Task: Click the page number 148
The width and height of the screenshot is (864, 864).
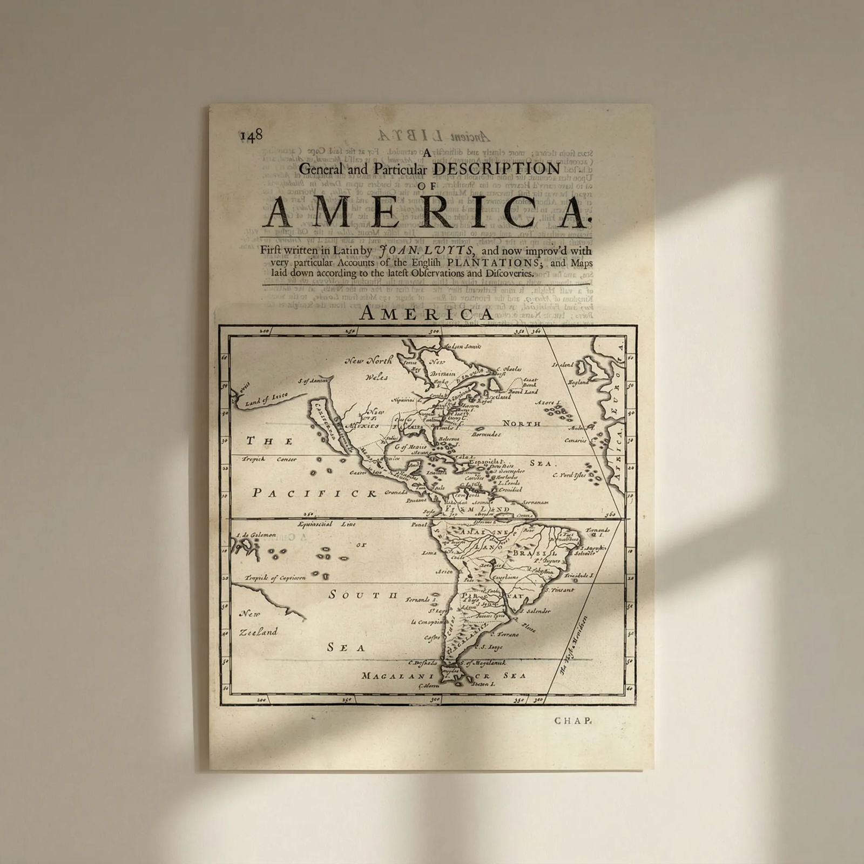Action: coord(251,134)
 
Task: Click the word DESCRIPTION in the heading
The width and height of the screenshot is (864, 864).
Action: coord(497,168)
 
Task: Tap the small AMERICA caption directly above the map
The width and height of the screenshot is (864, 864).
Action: coord(426,314)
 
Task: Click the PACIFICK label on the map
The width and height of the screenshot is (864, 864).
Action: coord(314,492)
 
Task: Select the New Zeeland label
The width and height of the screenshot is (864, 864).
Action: coord(258,623)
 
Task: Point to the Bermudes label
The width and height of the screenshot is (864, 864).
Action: coord(486,434)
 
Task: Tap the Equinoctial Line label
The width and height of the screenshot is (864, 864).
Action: coord(323,524)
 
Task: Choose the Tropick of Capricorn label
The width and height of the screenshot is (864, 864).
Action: coord(275,577)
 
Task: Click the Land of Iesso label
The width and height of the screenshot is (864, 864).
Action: coord(266,399)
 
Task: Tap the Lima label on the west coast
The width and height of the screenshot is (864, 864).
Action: coord(429,552)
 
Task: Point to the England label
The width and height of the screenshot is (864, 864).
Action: coord(578,382)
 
